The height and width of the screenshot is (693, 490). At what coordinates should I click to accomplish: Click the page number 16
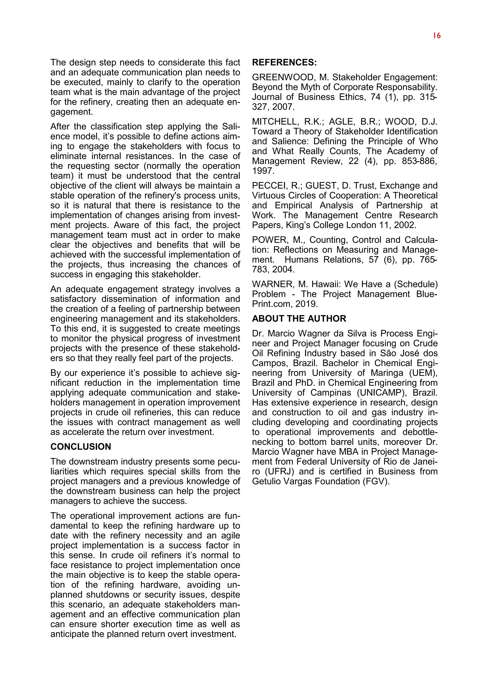point(437,36)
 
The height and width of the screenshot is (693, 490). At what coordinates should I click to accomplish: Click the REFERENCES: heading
point(284,62)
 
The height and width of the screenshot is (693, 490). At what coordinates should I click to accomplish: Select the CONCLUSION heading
point(81,447)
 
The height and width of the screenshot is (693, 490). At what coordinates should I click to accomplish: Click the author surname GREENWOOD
point(283,77)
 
